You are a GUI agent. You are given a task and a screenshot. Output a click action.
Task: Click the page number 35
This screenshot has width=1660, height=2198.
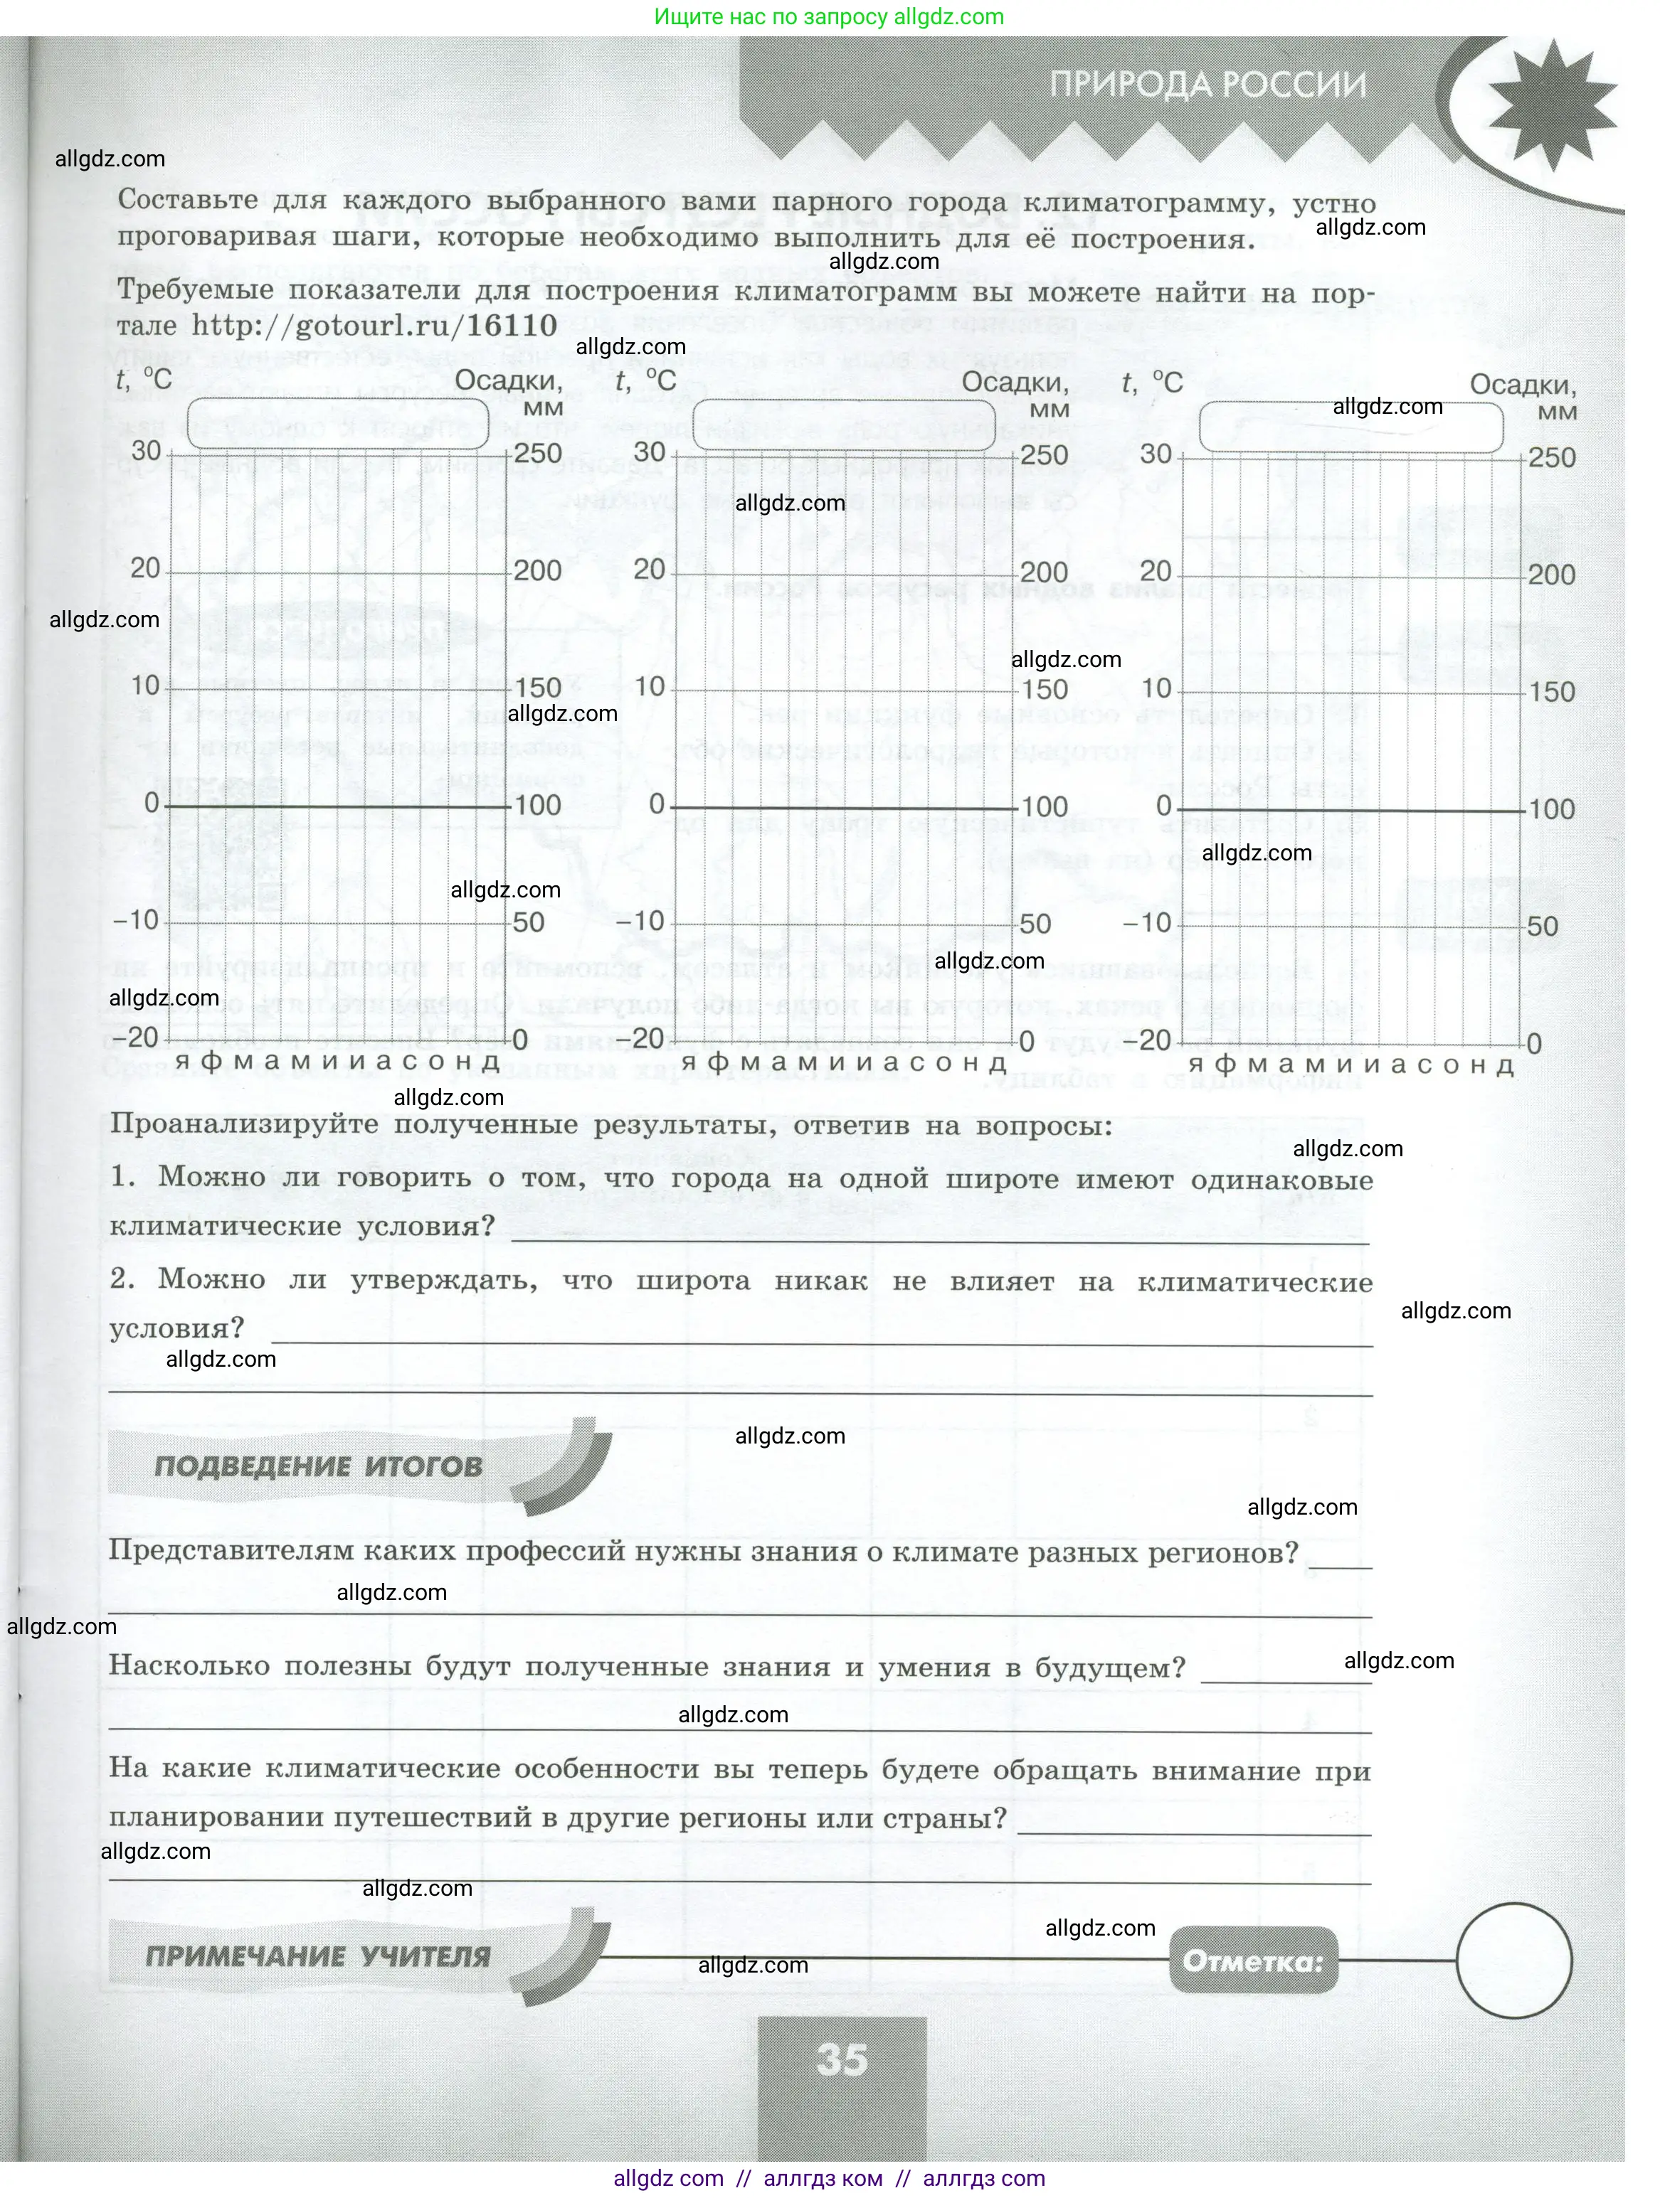[842, 2060]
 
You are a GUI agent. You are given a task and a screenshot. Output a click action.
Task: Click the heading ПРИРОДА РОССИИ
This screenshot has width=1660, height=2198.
[1207, 85]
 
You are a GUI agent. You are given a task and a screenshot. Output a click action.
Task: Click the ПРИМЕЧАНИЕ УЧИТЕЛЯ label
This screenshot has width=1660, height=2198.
[318, 1956]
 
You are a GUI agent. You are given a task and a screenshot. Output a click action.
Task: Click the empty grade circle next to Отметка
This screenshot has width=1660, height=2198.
[1514, 1960]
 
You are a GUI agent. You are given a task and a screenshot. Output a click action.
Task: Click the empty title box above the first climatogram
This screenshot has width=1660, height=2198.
[338, 423]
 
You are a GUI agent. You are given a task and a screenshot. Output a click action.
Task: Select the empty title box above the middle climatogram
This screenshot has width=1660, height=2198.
[843, 426]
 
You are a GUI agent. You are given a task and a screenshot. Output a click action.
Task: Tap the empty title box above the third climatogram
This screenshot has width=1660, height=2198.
[1351, 428]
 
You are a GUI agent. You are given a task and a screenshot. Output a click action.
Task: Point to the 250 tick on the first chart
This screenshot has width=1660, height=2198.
[538, 452]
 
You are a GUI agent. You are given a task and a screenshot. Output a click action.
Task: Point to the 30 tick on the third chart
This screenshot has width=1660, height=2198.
[1156, 454]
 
